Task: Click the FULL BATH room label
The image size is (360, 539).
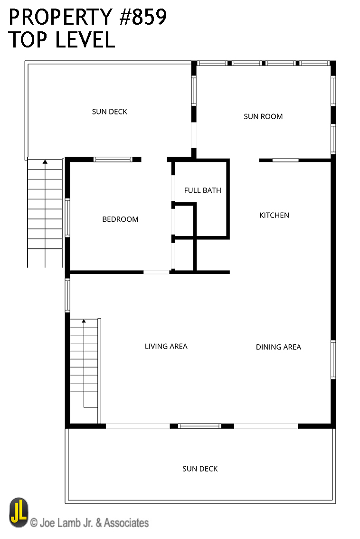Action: [x=202, y=190]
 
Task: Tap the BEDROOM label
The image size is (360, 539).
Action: [x=120, y=219]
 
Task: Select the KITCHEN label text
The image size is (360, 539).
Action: [x=274, y=215]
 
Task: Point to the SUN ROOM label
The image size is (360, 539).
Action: [x=263, y=116]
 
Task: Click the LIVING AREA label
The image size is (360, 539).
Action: [x=166, y=347]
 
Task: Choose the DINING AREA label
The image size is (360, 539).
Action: [x=278, y=347]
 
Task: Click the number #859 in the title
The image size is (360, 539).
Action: [x=142, y=17]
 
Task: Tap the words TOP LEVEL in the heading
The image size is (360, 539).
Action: [x=62, y=39]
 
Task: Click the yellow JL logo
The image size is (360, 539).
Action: [x=19, y=512]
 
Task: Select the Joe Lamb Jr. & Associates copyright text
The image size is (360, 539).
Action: [x=90, y=523]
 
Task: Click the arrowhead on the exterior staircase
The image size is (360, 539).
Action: [x=45, y=161]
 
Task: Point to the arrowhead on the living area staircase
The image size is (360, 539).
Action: [x=84, y=321]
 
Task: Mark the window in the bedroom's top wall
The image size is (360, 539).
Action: [x=113, y=160]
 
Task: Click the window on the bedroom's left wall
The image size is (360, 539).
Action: [x=67, y=217]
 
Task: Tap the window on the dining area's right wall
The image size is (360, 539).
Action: [x=333, y=359]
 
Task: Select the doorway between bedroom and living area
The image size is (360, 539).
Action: [x=156, y=272]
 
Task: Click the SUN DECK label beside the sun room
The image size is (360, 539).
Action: [x=109, y=112]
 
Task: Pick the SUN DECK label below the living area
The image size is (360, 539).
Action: [x=200, y=469]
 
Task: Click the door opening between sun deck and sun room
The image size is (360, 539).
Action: [x=194, y=135]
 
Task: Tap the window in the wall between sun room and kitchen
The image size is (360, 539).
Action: [x=285, y=160]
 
